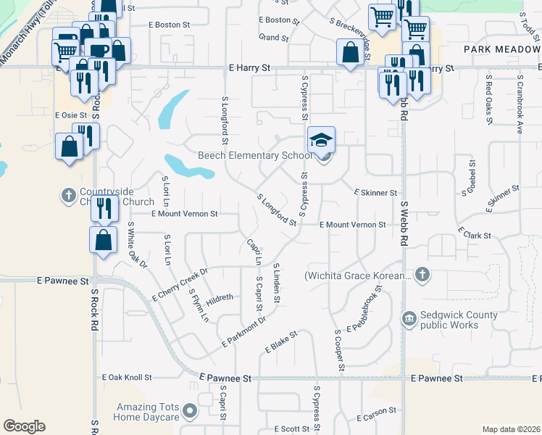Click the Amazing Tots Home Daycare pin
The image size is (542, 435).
pos(190,412)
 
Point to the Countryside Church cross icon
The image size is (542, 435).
pos(69,195)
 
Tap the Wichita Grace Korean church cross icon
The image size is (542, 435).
pos(422,275)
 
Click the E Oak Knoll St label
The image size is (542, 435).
pos(126,378)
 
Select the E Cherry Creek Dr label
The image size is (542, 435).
pos(180,285)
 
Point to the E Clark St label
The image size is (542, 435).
pos(474,235)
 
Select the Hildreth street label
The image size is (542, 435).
pos(220,297)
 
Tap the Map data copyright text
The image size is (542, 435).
pos(511,429)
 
